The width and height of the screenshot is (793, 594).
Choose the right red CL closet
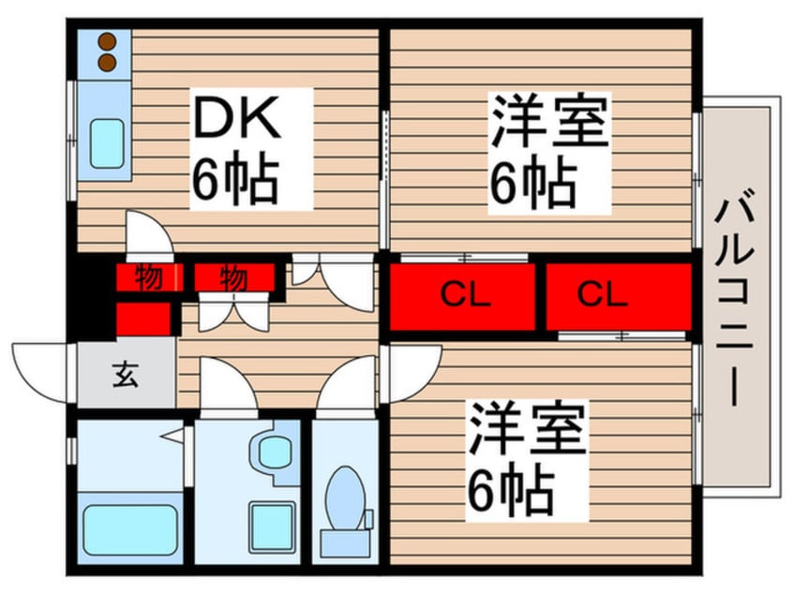(617, 296)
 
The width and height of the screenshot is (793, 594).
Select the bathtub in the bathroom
(131, 530)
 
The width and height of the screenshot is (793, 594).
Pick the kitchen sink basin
(108, 143)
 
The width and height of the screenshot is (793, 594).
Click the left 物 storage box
(147, 277)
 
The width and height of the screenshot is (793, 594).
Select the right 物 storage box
(233, 277)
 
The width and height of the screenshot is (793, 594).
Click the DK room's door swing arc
(150, 234)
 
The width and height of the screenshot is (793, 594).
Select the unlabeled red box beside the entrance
(142, 317)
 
